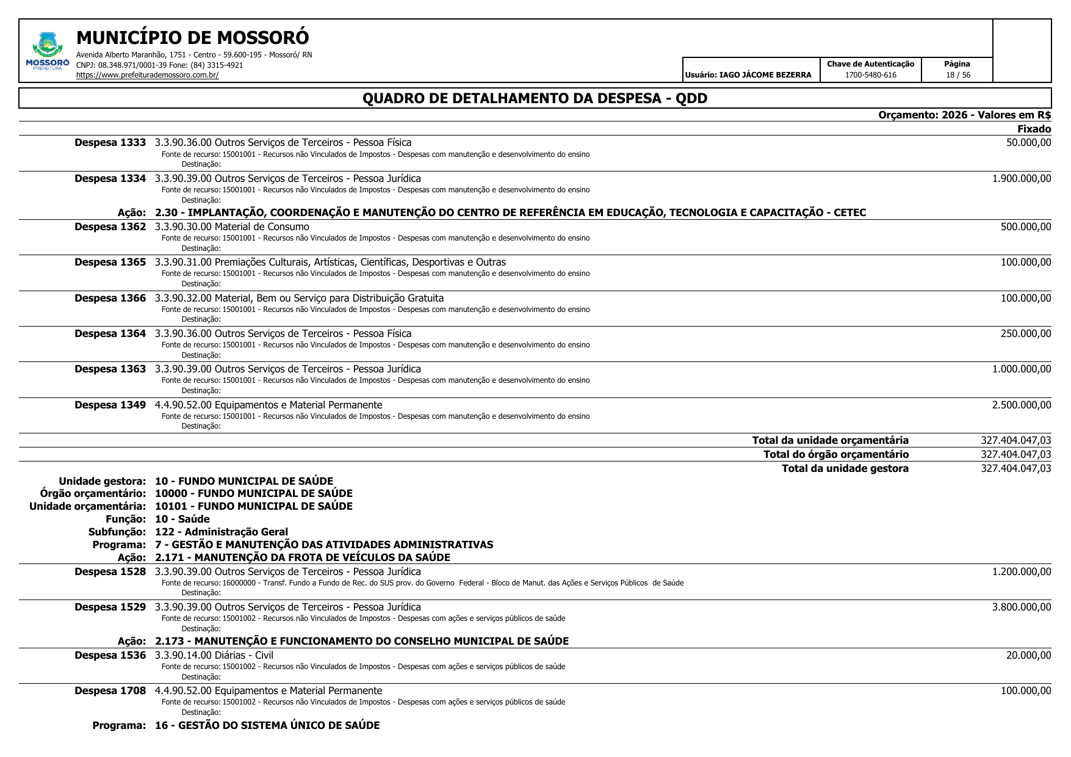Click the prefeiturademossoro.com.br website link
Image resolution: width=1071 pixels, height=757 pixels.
[x=147, y=75]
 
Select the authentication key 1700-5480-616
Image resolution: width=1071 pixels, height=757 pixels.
[x=870, y=75]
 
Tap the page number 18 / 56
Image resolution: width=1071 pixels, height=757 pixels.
[x=957, y=75]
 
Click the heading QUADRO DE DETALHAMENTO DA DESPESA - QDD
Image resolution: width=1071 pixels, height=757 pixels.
[x=535, y=98]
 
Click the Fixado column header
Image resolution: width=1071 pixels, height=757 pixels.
[x=1034, y=129]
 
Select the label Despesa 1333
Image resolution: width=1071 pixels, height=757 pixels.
[x=110, y=143]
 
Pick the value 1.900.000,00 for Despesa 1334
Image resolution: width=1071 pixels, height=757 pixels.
[x=1022, y=178]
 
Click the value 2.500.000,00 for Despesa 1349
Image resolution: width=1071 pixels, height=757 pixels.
[x=1022, y=405]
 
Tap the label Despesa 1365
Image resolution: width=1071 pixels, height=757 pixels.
[x=110, y=263]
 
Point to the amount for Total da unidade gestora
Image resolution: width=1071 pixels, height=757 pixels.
[x=1015, y=468]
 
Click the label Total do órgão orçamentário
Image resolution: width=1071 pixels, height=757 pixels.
[x=835, y=454]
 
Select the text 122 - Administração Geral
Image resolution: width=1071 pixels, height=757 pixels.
[x=221, y=532]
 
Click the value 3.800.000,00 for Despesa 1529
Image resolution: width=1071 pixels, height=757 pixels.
[x=1022, y=607]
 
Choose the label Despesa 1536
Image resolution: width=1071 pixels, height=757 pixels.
[x=110, y=655]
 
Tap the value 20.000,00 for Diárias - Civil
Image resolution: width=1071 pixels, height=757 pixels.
[x=1028, y=655]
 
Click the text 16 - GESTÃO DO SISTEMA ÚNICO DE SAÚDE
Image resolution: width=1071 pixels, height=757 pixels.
[x=267, y=725]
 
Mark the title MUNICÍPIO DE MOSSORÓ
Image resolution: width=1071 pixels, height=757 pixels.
[x=192, y=38]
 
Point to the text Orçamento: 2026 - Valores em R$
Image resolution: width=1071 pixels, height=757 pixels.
[x=964, y=115]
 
